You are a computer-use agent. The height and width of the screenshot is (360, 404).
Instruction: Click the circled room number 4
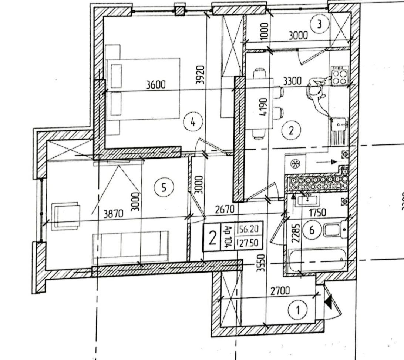pos(192,122)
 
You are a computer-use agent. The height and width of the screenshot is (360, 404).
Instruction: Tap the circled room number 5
pos(163,188)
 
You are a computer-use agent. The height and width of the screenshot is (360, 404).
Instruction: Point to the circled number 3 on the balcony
pos(319,24)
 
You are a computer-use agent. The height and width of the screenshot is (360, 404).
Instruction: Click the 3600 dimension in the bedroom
pos(156,85)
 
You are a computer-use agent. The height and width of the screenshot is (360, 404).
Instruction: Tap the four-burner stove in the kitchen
pos(340,76)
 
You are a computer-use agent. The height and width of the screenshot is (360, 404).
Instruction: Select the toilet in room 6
pos(334,230)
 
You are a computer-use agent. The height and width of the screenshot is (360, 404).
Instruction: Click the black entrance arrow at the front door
pos(328,302)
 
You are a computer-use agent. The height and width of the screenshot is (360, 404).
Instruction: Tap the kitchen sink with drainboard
pos(339,131)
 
